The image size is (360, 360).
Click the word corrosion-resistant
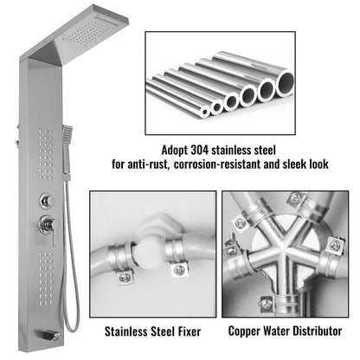pyautogui.click(x=234, y=162)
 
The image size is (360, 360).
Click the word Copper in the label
pyautogui.click(x=250, y=331)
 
